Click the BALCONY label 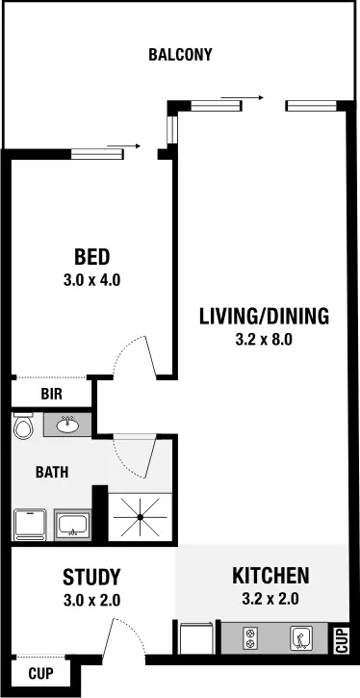[180, 55]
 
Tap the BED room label [92, 257]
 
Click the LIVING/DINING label [264, 315]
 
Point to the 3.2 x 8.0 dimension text [264, 339]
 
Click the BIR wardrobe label [52, 394]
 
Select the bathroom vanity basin [67, 424]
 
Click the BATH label [52, 473]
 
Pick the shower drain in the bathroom [140, 518]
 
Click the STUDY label [91, 578]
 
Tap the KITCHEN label [270, 577]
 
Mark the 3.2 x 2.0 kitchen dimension [270, 600]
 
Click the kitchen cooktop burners [253, 637]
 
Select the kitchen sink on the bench [302, 637]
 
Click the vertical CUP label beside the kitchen [342, 640]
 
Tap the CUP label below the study [39, 673]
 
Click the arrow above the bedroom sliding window [116, 146]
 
